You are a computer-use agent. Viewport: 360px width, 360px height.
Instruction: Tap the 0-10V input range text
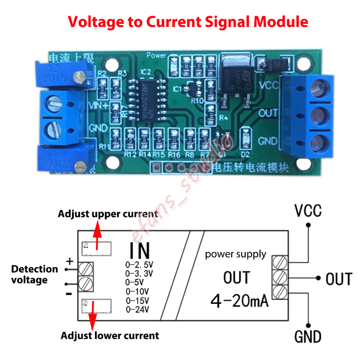[x=138, y=291]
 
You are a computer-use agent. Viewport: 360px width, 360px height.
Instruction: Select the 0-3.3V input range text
[x=139, y=273]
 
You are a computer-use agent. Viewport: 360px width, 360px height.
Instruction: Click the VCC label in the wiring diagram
[x=308, y=210]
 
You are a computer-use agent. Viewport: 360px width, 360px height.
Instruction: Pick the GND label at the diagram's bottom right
[x=308, y=336]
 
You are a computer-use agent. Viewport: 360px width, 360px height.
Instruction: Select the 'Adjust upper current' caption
[x=108, y=214]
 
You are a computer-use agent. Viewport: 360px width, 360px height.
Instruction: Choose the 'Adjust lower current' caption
[x=110, y=335]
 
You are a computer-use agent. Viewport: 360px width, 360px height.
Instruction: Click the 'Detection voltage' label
[x=35, y=274]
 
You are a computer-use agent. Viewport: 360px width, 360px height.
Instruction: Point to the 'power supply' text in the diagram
[x=235, y=254]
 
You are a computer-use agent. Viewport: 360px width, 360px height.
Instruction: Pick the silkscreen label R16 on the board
[x=174, y=155]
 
